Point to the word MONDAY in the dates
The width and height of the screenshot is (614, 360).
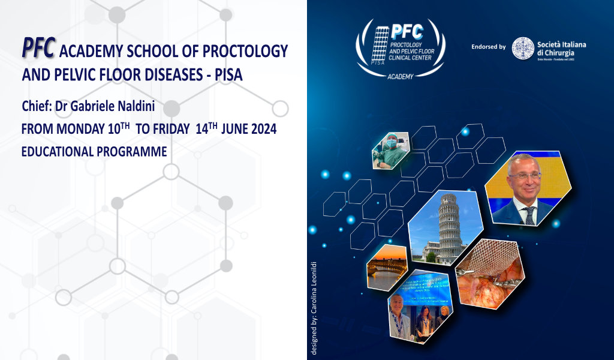point(75,129)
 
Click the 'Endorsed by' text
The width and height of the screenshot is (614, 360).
point(489,46)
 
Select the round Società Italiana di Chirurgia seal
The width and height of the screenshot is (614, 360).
point(523,48)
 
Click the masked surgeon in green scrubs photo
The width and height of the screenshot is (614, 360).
point(389,151)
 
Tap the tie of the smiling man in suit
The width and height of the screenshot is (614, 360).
point(529,215)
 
